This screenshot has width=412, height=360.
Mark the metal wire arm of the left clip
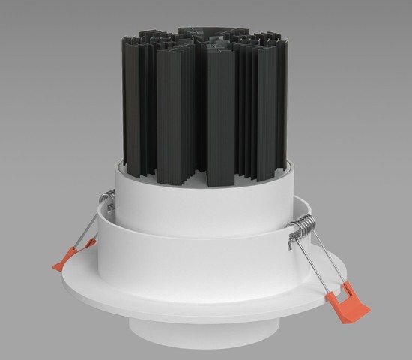[88, 229]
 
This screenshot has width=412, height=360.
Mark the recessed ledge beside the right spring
[300, 206]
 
